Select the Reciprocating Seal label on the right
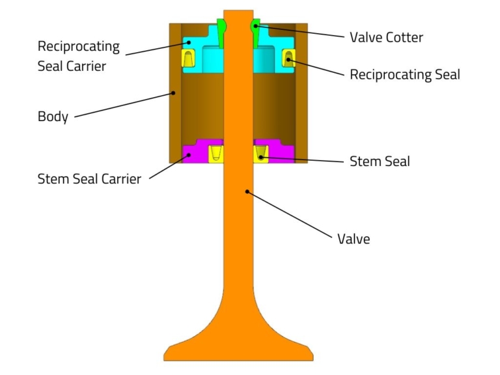404,74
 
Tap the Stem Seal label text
380,161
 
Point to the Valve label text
353,239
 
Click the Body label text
53,117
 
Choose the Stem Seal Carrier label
89,178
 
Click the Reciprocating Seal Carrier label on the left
78,56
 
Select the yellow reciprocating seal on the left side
187,59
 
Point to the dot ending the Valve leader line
247,191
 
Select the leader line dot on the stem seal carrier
189,154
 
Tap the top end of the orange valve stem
238,14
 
